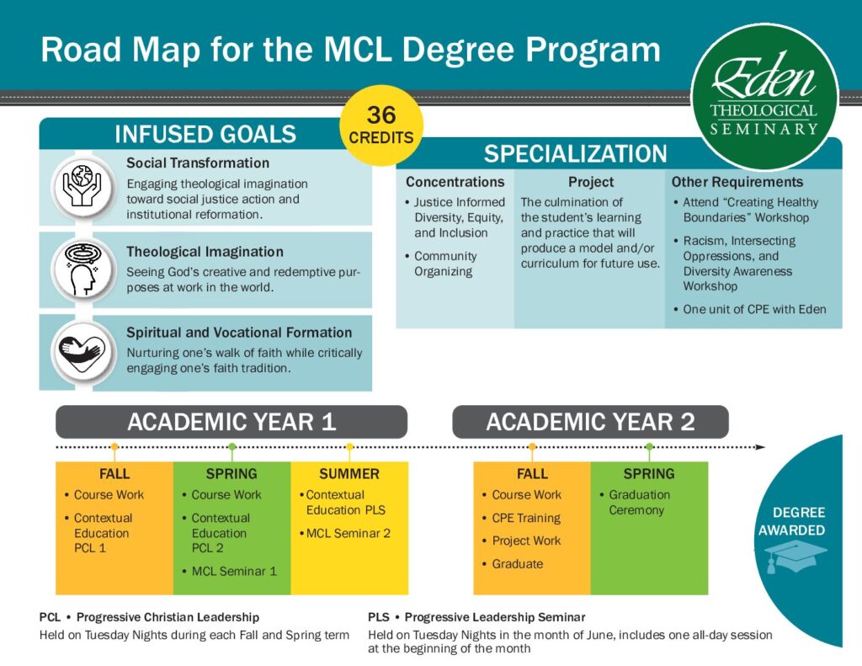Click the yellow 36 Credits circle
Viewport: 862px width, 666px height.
point(381,125)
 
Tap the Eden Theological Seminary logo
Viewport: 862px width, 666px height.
point(764,98)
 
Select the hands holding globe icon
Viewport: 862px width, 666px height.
point(83,186)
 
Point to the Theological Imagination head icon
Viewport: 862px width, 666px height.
point(83,269)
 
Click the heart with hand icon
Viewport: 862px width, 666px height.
point(83,351)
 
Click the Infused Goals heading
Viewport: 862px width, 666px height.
point(205,134)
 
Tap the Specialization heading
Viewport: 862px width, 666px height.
point(575,154)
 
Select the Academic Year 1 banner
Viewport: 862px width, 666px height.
point(231,422)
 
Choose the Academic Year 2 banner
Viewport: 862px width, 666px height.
point(590,422)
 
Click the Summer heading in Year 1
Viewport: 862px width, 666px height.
point(349,473)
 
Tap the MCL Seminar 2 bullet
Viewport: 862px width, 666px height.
point(345,533)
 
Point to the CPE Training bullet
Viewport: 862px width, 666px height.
point(521,518)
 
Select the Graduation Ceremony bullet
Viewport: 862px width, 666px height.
point(635,502)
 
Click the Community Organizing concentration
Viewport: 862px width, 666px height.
point(441,264)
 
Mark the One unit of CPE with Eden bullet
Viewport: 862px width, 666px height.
point(750,309)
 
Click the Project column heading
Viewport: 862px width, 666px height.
point(591,182)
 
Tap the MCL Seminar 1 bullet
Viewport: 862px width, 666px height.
point(229,572)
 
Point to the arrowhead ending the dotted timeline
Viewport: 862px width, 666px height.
point(760,447)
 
